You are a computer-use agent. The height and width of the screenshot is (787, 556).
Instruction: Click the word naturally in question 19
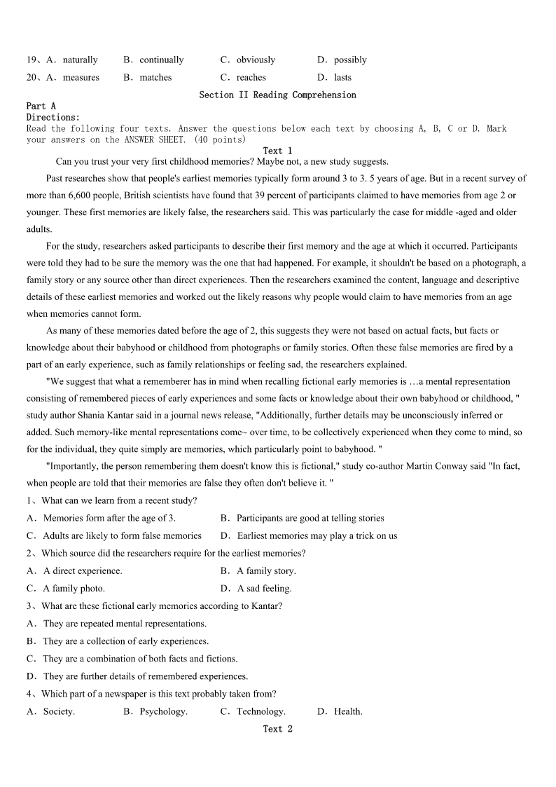[x=80, y=60]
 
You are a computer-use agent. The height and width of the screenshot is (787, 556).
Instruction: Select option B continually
[x=161, y=60]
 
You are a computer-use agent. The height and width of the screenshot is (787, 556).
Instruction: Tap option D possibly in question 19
[x=350, y=60]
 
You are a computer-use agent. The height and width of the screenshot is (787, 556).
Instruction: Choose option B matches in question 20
[x=155, y=78]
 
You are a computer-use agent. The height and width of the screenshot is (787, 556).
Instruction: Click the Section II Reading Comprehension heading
[x=277, y=95]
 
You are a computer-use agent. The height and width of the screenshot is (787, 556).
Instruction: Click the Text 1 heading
[x=277, y=151]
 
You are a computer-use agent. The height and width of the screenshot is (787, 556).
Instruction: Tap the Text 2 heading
[x=277, y=729]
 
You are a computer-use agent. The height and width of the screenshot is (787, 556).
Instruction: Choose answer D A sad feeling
[x=264, y=589]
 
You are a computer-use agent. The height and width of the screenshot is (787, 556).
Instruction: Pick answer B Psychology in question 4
[x=163, y=711]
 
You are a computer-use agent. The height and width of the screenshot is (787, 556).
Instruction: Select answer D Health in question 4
[x=348, y=711]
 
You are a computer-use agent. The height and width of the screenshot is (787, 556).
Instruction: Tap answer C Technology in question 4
[x=260, y=711]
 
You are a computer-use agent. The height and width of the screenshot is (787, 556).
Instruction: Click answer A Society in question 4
[x=59, y=711]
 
